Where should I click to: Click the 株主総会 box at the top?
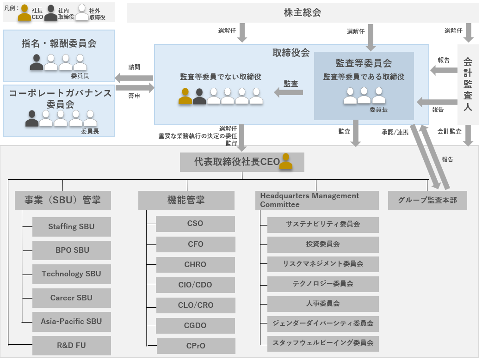pyautogui.click(x=303, y=13)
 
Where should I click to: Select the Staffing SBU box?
pyautogui.click(x=71, y=226)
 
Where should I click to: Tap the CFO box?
pyautogui.click(x=195, y=244)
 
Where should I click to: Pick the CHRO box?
pyautogui.click(x=195, y=264)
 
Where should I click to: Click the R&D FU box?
pyautogui.click(x=71, y=345)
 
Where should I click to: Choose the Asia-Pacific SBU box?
pyautogui.click(x=71, y=321)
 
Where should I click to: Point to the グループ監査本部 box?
pyautogui.click(x=427, y=201)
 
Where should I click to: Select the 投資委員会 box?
pyautogui.click(x=323, y=244)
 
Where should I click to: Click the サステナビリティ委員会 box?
pyautogui.click(x=323, y=224)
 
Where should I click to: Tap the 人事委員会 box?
pyautogui.click(x=323, y=304)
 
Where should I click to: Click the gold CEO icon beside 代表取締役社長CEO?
pyautogui.click(x=286, y=162)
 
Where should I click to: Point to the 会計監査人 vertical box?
pyautogui.click(x=468, y=84)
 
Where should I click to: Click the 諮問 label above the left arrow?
pyautogui.click(x=134, y=67)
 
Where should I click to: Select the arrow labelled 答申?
pyautogui.click(x=135, y=87)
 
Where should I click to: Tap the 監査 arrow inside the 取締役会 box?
pyautogui.click(x=289, y=92)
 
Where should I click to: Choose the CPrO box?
pyautogui.click(x=195, y=346)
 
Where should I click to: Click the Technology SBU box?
pyautogui.click(x=71, y=274)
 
